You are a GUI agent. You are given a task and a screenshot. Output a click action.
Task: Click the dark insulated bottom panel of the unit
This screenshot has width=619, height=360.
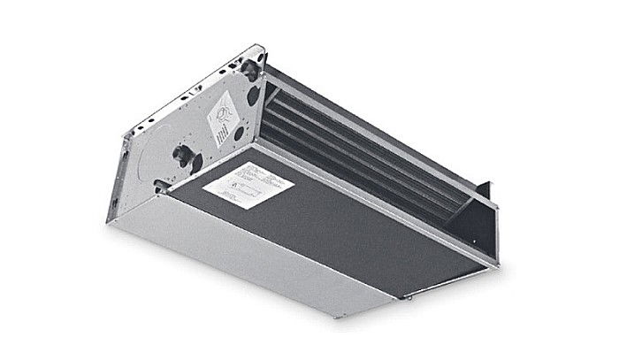click(336, 221)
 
